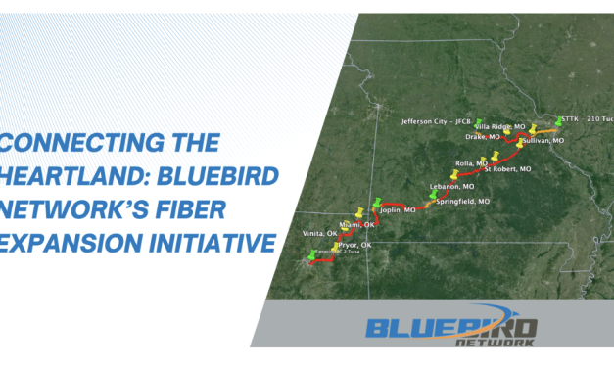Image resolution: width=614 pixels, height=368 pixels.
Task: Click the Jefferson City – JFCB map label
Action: click(x=436, y=122)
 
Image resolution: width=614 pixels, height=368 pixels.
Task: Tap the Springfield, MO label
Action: click(x=465, y=201)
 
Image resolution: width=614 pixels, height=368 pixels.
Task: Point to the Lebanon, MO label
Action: click(x=452, y=186)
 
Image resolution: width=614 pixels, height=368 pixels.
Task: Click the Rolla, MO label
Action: click(x=472, y=162)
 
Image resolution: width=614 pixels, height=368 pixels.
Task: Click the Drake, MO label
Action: click(x=496, y=138)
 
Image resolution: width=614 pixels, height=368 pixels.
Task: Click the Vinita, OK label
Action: click(x=318, y=234)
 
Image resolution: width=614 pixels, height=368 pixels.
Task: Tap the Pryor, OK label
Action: click(x=354, y=245)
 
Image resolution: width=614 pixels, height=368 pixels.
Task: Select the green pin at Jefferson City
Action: click(x=480, y=122)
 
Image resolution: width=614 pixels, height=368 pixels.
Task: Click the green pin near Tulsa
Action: click(x=312, y=255)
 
